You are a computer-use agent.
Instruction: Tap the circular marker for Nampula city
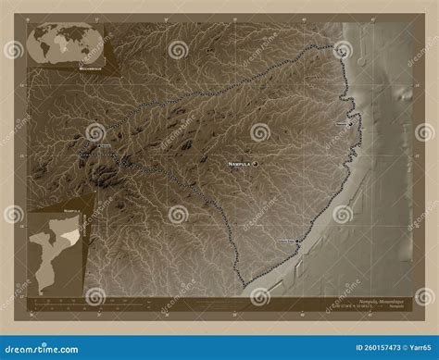tap(255, 164)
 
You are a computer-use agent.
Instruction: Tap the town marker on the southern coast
tap(298, 242)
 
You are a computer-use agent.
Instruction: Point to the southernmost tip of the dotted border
tap(245, 283)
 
